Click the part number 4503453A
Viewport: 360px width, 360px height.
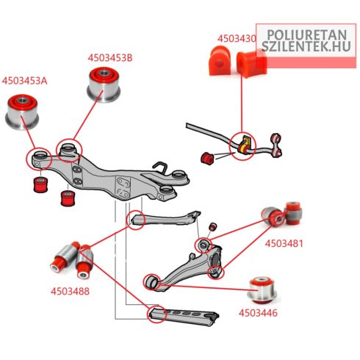point(24,81)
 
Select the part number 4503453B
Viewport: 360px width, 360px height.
point(110,58)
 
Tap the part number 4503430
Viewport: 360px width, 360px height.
point(237,39)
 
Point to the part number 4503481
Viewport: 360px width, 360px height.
point(284,243)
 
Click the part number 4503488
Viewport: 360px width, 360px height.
point(70,291)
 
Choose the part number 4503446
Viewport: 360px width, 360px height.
point(258,313)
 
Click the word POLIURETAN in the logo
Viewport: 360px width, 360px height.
point(307,35)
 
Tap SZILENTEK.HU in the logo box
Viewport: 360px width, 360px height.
point(306,46)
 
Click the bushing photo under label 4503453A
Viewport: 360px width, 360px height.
point(22,112)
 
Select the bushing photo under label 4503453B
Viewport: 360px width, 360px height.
point(104,84)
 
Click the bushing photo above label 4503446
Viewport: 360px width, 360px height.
point(262,291)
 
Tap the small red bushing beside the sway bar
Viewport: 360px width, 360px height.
point(207,159)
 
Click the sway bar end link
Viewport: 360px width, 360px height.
point(276,144)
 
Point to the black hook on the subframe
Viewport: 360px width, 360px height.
point(162,168)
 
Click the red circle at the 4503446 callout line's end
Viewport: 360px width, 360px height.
point(151,282)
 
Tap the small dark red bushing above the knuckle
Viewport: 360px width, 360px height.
point(213,226)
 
